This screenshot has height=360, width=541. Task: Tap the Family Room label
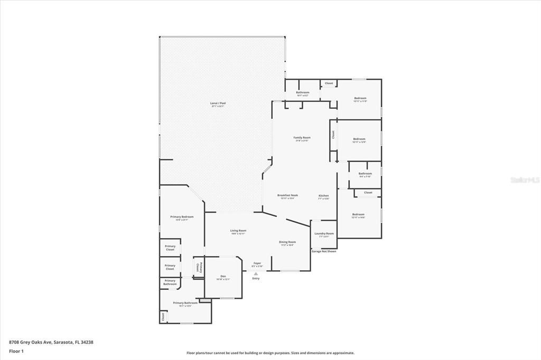pos(302,138)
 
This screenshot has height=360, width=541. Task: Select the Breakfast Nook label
pos(288,195)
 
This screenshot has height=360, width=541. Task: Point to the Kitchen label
pos(324,196)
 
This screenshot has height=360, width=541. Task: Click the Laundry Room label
pos(324,234)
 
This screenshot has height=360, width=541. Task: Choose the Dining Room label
pos(287,242)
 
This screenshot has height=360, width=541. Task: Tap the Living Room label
pos(238,231)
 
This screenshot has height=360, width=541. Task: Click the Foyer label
pos(257,263)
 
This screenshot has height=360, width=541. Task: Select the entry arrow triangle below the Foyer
pos(256,274)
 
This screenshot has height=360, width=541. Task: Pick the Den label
pos(223,277)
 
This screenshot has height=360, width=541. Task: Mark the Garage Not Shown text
pos(323,251)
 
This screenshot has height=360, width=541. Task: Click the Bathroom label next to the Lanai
pos(302,93)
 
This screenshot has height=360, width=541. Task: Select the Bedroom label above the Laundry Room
pos(358,215)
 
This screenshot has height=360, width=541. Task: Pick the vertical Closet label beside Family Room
pos(333,135)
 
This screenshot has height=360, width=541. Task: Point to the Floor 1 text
pos(16,350)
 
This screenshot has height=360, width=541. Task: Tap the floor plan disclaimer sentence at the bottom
pos(270,353)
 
